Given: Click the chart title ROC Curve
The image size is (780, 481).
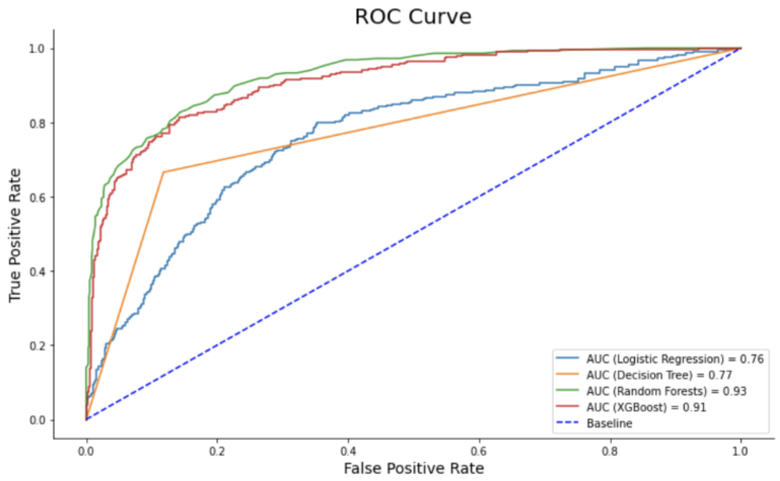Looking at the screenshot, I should (x=413, y=17).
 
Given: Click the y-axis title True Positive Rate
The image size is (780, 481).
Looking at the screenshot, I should (x=15, y=235).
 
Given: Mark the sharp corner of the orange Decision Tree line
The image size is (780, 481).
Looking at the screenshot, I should (x=163, y=172).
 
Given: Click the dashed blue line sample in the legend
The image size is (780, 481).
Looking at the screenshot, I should (x=567, y=423).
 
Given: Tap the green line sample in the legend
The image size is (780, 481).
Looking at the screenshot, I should (x=567, y=390).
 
